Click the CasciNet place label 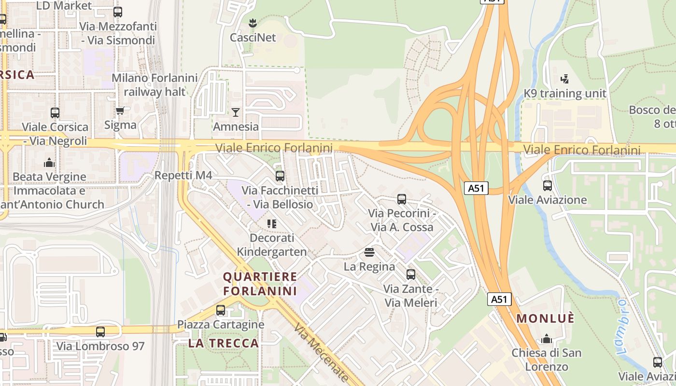[253, 38]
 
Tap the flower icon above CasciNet [252, 23]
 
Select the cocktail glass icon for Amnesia [236, 112]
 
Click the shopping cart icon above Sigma [120, 111]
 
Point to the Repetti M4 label [183, 175]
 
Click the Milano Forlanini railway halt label [155, 84]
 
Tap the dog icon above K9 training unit [564, 78]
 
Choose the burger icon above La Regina [369, 252]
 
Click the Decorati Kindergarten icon [271, 223]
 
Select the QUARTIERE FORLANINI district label [260, 284]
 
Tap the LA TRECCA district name [224, 343]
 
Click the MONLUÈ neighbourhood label [546, 319]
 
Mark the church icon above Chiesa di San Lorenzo [547, 339]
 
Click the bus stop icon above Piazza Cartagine [221, 310]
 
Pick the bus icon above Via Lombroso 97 [100, 332]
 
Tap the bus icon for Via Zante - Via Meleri [411, 275]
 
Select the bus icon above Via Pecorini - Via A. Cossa [402, 199]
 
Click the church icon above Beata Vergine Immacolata [49, 163]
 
